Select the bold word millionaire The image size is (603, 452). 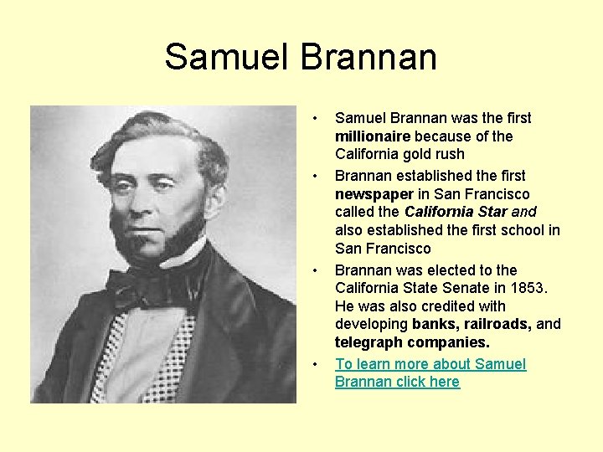click(x=372, y=136)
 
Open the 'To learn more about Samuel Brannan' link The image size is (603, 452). click(x=430, y=372)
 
